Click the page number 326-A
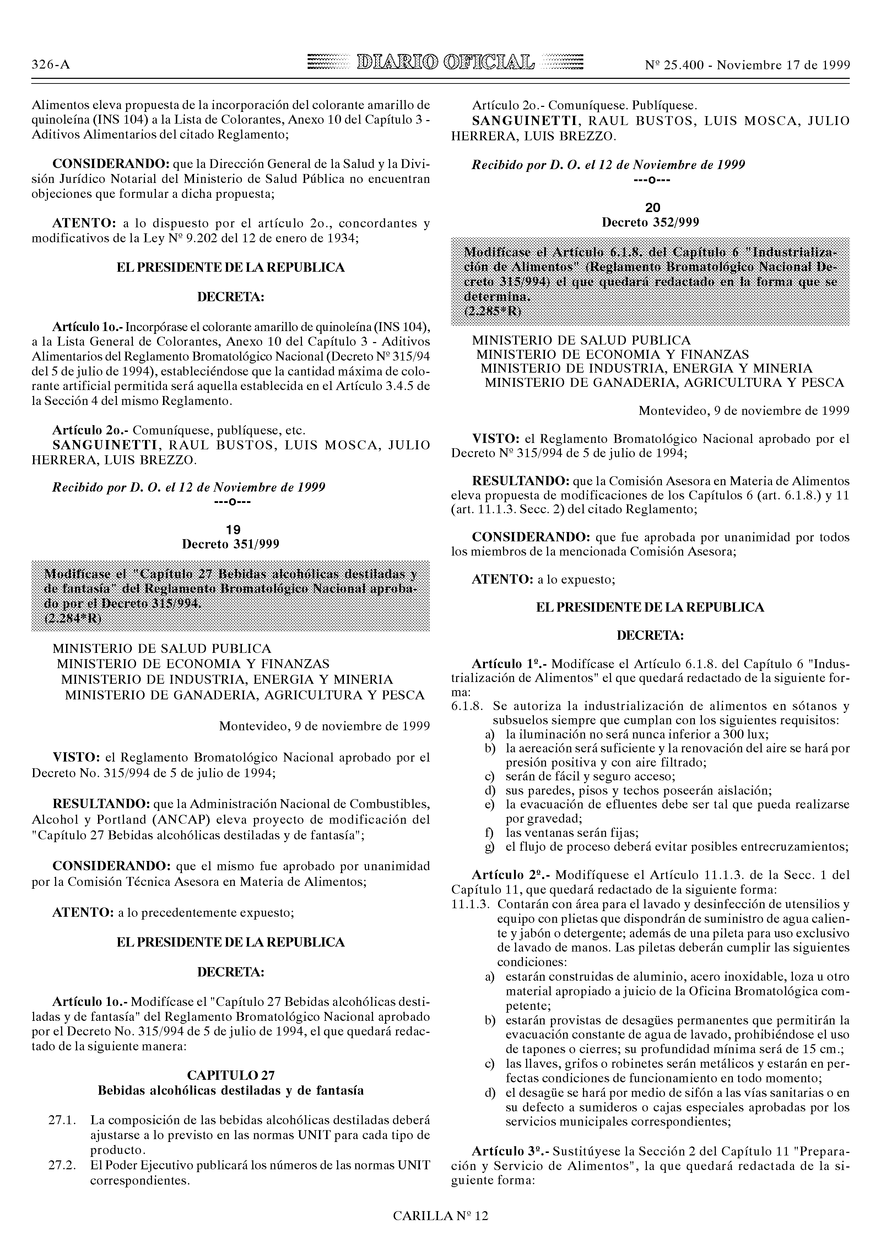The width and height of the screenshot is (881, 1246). click(x=50, y=65)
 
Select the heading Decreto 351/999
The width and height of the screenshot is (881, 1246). click(x=231, y=544)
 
